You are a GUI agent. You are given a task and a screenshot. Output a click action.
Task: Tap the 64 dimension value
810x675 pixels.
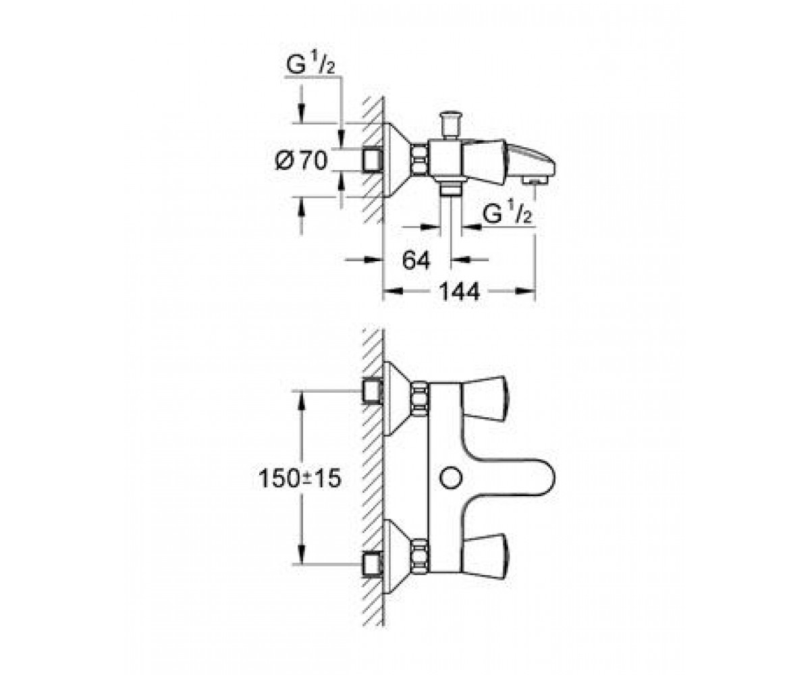point(416,260)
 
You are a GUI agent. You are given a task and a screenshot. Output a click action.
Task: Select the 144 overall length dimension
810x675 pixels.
point(459,292)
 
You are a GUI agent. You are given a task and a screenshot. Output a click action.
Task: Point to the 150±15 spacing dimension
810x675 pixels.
point(300,479)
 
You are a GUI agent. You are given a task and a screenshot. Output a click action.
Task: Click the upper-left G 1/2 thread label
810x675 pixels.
point(310,65)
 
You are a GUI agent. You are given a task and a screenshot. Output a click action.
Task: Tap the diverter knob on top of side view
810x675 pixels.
point(450,125)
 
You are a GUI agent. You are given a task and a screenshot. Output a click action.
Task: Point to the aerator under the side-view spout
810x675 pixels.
point(535,180)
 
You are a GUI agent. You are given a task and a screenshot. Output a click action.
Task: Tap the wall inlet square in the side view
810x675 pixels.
point(373,160)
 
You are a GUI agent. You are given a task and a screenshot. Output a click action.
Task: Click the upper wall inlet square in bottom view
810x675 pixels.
point(373,391)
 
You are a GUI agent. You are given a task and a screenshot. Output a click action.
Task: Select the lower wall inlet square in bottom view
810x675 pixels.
point(373,565)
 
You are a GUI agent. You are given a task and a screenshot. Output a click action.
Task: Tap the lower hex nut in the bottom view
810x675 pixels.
point(420,558)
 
